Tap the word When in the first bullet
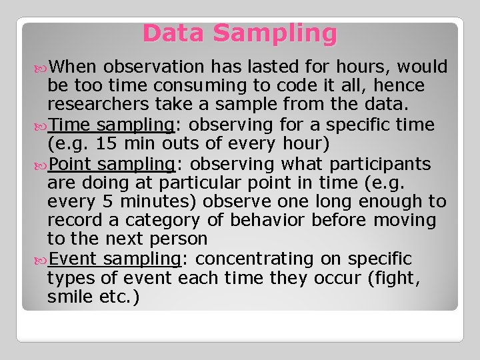pos(73,67)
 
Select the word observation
pos(154,67)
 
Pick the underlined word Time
pos(70,125)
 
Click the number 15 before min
pos(107,144)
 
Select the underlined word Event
pos(73,259)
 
